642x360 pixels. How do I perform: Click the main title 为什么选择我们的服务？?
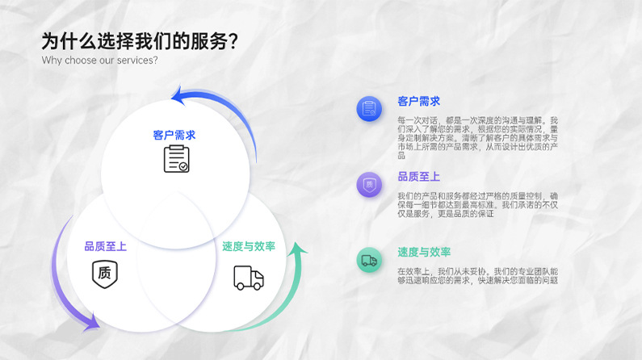(139, 42)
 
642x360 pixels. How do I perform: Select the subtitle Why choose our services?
(99, 61)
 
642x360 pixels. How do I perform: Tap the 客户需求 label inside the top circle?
(174, 135)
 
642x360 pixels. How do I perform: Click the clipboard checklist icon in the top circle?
(176, 159)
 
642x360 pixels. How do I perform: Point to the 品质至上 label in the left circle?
(105, 246)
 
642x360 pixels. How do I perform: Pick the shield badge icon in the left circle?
(105, 273)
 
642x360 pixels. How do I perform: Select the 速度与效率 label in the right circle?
(249, 246)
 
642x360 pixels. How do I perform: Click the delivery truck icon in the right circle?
(248, 277)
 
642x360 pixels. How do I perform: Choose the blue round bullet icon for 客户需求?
(369, 109)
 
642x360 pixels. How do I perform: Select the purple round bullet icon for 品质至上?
(369, 185)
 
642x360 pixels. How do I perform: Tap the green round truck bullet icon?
(369, 260)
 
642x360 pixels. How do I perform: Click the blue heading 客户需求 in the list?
(418, 102)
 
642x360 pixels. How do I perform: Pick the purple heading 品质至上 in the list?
(418, 177)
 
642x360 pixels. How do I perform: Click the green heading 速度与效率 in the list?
(424, 252)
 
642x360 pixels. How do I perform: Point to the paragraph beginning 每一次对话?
(477, 137)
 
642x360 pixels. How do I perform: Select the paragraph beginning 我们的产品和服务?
(477, 205)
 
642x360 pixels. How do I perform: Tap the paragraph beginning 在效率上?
(477, 275)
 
